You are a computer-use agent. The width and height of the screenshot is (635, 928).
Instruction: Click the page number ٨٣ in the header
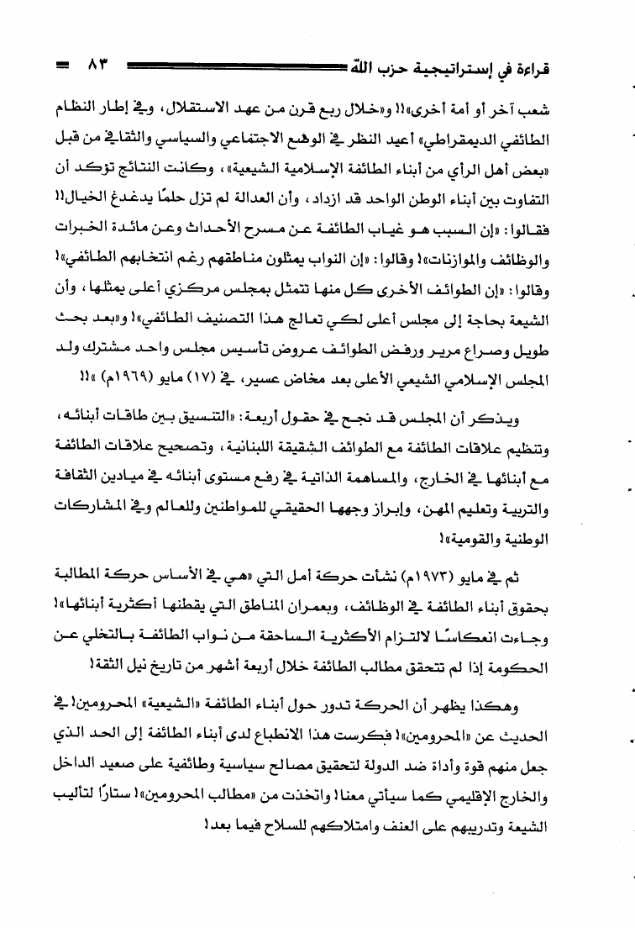[x=97, y=65]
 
